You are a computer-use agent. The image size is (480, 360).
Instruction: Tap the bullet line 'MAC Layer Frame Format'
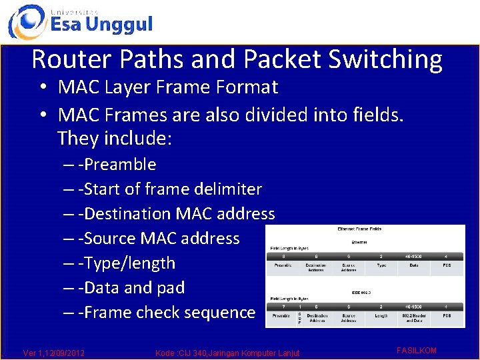click(167, 87)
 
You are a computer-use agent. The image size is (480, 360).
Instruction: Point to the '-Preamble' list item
click(117, 164)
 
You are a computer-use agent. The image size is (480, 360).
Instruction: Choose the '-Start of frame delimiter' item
click(169, 189)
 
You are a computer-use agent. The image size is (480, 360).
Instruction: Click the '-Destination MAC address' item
click(176, 213)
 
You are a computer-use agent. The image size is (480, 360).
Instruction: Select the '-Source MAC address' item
click(158, 238)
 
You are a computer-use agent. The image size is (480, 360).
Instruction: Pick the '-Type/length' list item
click(126, 263)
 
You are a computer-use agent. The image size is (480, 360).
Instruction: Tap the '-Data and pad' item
click(131, 287)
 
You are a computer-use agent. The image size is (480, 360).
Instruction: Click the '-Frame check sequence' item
click(166, 312)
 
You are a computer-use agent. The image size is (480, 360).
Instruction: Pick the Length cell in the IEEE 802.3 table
click(381, 315)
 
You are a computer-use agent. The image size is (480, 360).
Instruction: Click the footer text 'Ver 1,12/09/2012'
click(54, 352)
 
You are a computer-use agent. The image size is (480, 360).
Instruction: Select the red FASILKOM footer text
click(416, 350)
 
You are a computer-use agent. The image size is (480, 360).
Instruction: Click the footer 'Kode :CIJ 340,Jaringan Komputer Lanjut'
click(227, 352)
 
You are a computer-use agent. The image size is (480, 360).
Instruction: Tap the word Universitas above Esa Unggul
click(74, 11)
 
